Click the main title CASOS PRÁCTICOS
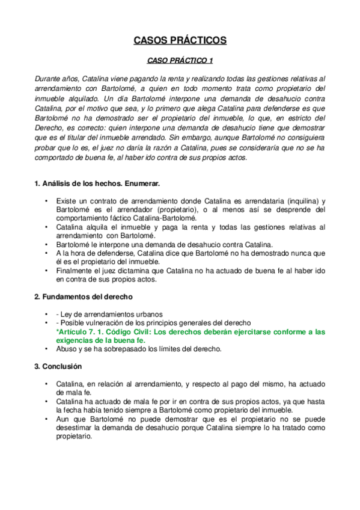click(180, 41)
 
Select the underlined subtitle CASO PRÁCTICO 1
click(180, 61)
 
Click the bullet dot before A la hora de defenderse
click(46, 254)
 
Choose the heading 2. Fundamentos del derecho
click(84, 297)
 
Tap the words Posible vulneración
click(88, 323)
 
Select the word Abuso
click(66, 348)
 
